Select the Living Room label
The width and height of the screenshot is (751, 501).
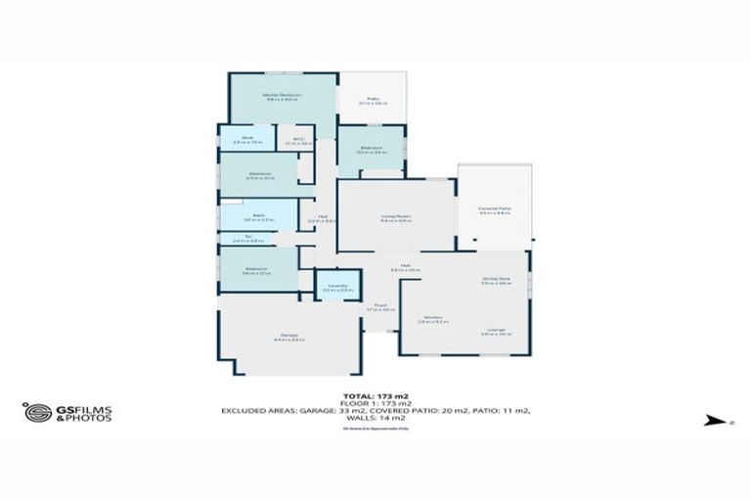[x=395, y=217]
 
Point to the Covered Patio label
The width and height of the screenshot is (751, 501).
[x=495, y=209]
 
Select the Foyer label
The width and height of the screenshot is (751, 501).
[x=380, y=306]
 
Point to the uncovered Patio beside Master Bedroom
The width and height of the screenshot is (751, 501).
[x=373, y=99]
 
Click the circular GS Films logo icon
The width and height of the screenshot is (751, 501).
[x=37, y=412]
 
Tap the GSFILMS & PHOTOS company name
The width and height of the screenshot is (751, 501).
[x=82, y=413]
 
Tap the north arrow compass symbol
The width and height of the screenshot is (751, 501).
[x=704, y=422]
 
